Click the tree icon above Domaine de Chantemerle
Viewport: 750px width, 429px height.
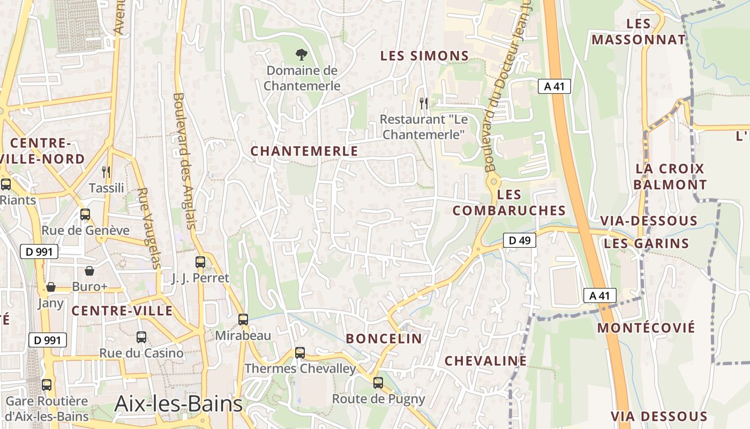click(302, 54)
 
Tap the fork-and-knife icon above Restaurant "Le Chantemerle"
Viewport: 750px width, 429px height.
click(423, 102)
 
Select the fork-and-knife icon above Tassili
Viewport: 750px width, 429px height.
click(106, 172)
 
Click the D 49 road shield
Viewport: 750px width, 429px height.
click(519, 241)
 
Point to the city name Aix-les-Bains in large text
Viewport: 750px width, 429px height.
click(178, 404)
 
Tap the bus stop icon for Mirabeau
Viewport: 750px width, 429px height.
click(243, 320)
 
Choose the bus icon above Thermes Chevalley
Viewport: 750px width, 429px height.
click(300, 353)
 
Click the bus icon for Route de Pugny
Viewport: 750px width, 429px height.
click(378, 383)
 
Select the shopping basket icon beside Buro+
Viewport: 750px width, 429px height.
click(89, 271)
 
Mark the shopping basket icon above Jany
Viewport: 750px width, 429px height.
click(51, 287)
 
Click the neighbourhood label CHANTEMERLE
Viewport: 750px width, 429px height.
click(304, 151)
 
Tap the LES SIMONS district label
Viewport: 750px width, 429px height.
click(424, 56)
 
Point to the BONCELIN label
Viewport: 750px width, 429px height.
click(384, 338)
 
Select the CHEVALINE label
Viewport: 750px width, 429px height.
click(486, 361)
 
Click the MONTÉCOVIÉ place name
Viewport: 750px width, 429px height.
click(646, 328)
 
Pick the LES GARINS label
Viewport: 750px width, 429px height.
click(646, 244)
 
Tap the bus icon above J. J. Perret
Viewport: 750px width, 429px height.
click(200, 262)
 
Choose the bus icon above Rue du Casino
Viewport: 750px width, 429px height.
click(141, 337)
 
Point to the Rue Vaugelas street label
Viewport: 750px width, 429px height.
click(149, 228)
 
